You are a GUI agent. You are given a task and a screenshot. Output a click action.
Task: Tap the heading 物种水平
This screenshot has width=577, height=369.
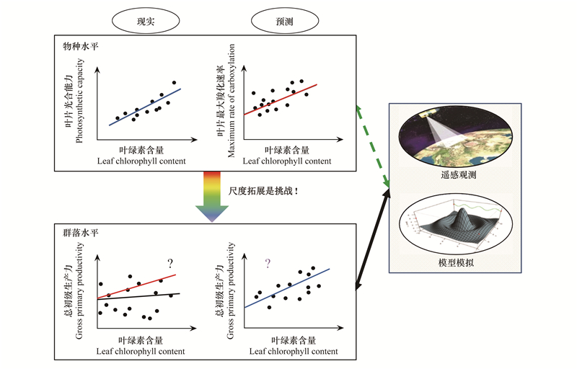81,46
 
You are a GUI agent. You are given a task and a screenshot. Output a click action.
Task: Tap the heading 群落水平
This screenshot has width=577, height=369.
81,233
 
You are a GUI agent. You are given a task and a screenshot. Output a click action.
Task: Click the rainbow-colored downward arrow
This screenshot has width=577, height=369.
212,197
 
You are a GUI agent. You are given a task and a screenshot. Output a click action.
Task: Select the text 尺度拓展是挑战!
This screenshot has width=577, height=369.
263,191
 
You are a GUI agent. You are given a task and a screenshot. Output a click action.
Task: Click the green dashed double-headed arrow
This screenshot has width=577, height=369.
372,146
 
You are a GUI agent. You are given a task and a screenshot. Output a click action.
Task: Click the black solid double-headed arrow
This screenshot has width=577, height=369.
372,241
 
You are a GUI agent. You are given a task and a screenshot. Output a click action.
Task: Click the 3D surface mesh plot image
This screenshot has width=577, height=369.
456,223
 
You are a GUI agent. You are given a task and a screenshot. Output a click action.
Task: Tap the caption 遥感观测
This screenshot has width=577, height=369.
459,174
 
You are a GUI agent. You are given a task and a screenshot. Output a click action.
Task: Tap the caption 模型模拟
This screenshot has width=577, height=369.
456,262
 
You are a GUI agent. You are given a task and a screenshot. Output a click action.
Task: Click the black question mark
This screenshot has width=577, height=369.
170,264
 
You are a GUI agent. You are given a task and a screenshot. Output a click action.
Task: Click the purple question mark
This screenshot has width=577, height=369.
268,264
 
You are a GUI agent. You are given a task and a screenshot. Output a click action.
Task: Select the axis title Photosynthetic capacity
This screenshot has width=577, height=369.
79,101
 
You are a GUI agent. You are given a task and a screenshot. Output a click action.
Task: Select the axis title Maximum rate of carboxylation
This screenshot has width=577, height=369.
231,101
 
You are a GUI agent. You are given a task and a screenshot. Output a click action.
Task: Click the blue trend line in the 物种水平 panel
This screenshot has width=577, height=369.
145,107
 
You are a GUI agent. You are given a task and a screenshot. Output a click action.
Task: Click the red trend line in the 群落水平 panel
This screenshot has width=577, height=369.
136,286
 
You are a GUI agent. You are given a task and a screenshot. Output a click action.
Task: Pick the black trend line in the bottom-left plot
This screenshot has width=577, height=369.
138,296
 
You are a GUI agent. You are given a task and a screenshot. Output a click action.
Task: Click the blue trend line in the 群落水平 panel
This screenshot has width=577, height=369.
287,288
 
